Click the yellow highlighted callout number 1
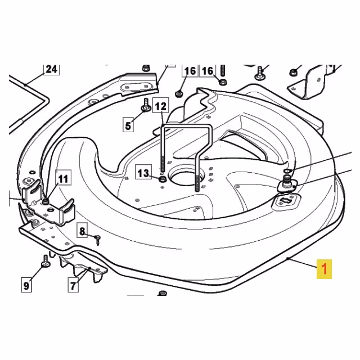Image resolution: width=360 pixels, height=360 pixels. click(x=324, y=269)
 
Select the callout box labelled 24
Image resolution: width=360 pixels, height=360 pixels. click(x=52, y=69)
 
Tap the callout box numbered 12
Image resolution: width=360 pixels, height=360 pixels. click(x=160, y=106)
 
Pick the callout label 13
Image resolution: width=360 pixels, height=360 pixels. click(x=143, y=173)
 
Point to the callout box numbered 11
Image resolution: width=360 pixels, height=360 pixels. click(x=63, y=178)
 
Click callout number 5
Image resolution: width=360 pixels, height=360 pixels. click(x=128, y=125)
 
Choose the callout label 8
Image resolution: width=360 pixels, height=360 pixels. click(x=82, y=231)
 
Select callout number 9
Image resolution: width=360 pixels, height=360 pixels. click(x=26, y=285)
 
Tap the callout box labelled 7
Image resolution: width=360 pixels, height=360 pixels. click(x=73, y=285)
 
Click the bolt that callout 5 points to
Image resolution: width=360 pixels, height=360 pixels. click(x=146, y=105)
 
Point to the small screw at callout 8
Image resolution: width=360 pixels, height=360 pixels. click(x=98, y=240)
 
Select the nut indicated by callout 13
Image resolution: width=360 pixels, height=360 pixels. click(x=163, y=178)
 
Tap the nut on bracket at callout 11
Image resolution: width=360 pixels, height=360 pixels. click(x=46, y=201)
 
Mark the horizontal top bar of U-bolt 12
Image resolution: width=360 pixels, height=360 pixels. click(x=186, y=125)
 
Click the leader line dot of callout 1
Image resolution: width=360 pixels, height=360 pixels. click(x=288, y=259)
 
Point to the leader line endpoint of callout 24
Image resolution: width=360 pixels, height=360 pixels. click(x=25, y=85)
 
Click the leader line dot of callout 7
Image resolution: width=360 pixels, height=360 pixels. click(x=90, y=268)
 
